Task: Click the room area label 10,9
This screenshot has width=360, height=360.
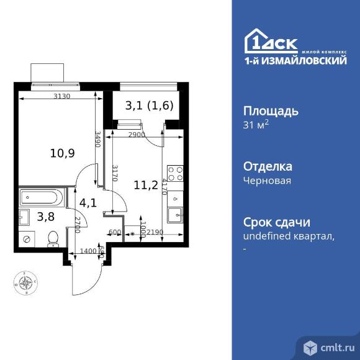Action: pyautogui.click(x=62, y=153)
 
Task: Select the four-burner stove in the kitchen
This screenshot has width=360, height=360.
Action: pyautogui.click(x=176, y=174)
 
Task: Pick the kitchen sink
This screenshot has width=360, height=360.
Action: pyautogui.click(x=175, y=217)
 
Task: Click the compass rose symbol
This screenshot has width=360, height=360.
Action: pyautogui.click(x=26, y=283)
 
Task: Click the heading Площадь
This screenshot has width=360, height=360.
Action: pyautogui.click(x=269, y=111)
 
